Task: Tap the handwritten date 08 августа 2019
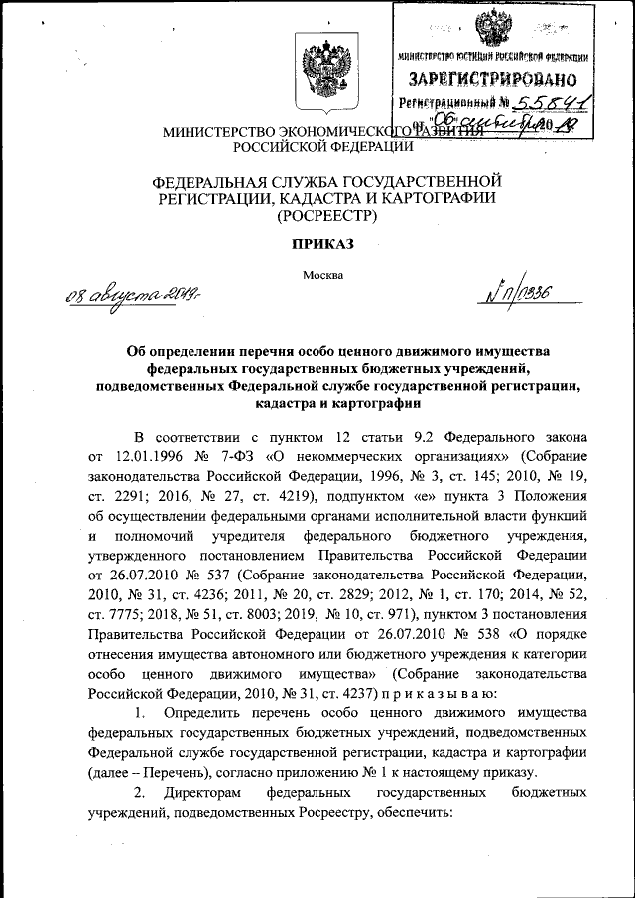[128, 296]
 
